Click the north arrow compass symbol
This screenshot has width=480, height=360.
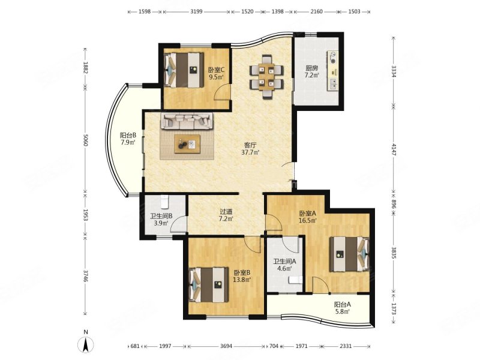point(86,344)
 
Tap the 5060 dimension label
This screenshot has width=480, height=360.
point(85,140)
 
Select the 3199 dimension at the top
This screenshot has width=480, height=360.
point(196,11)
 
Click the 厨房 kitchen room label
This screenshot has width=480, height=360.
point(311,68)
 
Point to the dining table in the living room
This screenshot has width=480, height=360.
point(266,77)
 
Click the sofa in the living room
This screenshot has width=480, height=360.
point(187,121)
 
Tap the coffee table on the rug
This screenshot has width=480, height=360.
point(187,144)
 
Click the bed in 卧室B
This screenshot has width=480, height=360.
point(209,284)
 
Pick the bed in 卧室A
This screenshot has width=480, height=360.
point(349,254)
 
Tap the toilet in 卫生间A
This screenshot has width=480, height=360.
point(296,280)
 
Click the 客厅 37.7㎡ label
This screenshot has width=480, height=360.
point(250,148)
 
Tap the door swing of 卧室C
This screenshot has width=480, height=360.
point(221,93)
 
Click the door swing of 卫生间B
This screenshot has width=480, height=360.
point(178,224)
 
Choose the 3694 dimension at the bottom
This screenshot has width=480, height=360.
point(226,346)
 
